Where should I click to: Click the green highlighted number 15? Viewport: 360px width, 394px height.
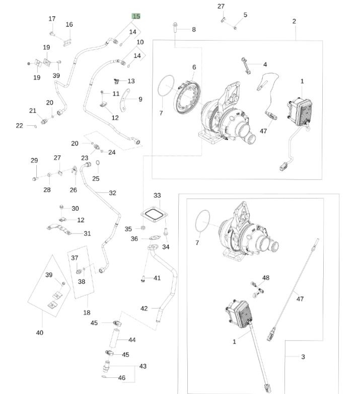coord(136,16)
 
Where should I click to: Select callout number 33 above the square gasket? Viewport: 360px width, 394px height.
coord(157,195)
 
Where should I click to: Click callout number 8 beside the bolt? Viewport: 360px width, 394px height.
coord(193,30)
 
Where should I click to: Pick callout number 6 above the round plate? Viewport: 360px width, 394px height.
coord(194,67)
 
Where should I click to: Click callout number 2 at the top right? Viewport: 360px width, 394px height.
coord(294,21)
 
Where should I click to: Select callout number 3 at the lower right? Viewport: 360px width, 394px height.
coord(303,357)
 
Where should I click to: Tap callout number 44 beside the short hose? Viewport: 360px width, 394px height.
coord(132,340)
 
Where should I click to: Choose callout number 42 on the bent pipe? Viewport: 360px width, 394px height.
coord(145,308)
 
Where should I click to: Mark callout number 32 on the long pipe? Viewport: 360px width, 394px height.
coord(112,193)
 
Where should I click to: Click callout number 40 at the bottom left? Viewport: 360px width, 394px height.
coord(40,333)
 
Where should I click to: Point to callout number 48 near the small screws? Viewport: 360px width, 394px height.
coord(266,278)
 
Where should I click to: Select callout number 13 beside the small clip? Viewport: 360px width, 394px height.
coord(131,81)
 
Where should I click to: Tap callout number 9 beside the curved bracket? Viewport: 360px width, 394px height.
coord(140,99)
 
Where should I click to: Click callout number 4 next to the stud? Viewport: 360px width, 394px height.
coord(265,64)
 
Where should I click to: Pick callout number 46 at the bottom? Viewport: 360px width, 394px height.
coord(121,377)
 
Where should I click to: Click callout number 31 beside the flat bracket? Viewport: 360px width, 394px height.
coord(87,233)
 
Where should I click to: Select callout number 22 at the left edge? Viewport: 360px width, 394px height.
coord(19,125)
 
